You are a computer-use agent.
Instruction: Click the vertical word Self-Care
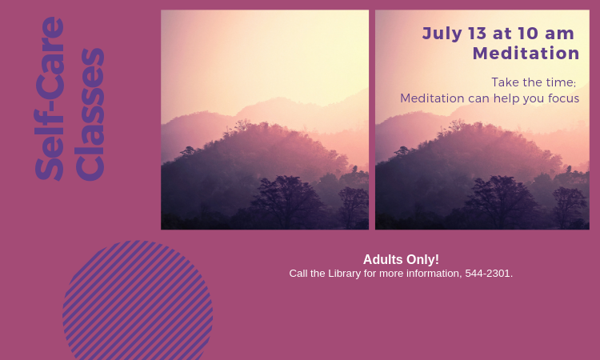coord(50,98)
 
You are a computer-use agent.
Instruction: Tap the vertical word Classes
coord(90,114)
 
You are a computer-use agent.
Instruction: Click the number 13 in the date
coord(477,34)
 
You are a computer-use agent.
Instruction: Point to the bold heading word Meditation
coord(526,53)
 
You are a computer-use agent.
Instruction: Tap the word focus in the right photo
coord(564,98)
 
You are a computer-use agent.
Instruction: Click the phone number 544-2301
coord(487,274)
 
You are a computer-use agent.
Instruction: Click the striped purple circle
coord(138,300)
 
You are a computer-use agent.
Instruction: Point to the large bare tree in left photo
coord(288,201)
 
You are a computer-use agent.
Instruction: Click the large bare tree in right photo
coord(502,201)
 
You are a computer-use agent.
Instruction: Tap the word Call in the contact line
coord(297,274)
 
